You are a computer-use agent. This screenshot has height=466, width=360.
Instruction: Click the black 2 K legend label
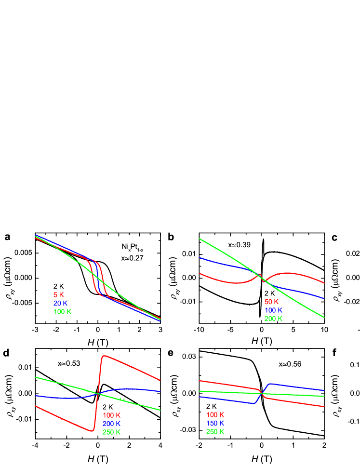(58, 286)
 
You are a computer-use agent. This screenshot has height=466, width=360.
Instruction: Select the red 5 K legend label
(58, 294)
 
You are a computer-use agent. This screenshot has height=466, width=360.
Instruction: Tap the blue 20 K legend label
(60, 303)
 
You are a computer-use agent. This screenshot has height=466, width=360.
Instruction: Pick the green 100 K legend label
(62, 312)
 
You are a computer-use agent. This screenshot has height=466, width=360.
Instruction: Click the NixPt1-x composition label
(132, 247)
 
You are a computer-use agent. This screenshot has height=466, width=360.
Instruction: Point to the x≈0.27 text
(133, 258)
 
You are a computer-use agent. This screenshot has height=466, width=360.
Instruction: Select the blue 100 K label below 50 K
(273, 310)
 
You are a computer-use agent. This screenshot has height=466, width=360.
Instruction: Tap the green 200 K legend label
(273, 319)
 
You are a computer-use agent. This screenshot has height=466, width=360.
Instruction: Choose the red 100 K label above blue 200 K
(112, 415)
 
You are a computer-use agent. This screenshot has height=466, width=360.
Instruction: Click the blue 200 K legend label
(112, 424)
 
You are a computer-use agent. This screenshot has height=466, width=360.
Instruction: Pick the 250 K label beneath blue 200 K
(112, 432)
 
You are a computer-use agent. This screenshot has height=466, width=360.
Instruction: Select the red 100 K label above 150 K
(215, 414)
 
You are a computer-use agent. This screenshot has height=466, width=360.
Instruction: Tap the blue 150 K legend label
(215, 423)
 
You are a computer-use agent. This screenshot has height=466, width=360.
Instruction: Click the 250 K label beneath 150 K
(215, 432)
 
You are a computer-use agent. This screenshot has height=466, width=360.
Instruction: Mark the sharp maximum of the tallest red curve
(104, 356)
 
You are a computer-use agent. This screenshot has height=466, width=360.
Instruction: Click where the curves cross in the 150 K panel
(262, 394)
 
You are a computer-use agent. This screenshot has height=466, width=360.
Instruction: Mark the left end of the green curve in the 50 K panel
(200, 239)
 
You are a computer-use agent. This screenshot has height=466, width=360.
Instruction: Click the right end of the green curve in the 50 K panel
(324, 317)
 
